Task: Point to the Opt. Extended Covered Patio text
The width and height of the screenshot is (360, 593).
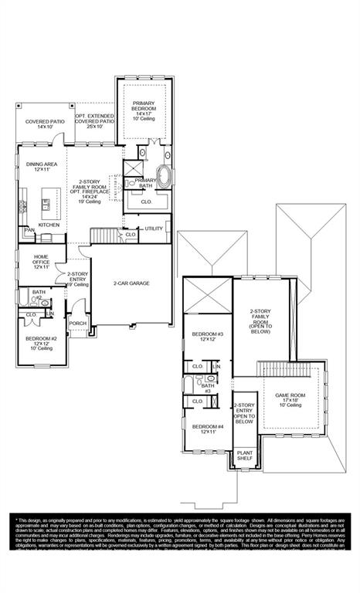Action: [x=95, y=121]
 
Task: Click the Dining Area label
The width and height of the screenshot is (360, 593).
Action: [x=42, y=166]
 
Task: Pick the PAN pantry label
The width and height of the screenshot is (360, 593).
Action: [x=30, y=229]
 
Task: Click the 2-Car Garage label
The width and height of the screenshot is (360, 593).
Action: [x=131, y=283]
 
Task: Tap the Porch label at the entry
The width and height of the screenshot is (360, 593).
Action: [x=77, y=324]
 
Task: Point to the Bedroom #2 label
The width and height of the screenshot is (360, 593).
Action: [x=42, y=343]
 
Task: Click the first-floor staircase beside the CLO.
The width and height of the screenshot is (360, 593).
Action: [x=105, y=235]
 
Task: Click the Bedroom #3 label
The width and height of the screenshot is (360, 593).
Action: [x=207, y=336]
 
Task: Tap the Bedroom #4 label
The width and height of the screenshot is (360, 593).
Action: [x=207, y=429]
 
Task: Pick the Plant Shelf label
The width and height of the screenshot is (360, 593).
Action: [x=244, y=456]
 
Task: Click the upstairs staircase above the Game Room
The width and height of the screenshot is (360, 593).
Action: [x=273, y=369]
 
